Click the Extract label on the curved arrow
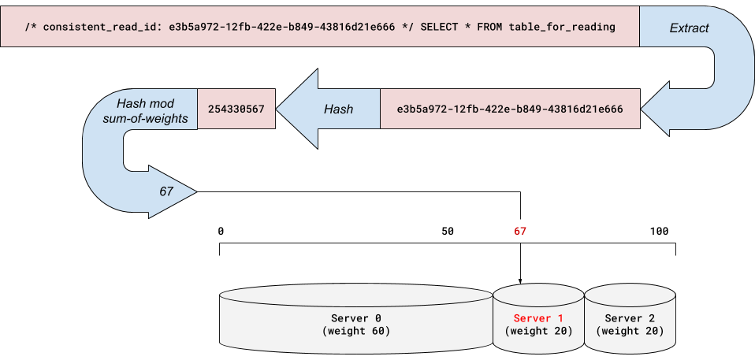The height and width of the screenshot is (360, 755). coord(689,28)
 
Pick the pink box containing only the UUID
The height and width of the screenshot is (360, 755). coord(510,109)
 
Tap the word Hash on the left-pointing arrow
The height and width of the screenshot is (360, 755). coord(339,109)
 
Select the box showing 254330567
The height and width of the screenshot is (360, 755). coord(236,109)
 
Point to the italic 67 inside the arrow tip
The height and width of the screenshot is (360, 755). coord(166,191)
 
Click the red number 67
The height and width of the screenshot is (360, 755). coord(520,232)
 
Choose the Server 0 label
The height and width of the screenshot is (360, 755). coord(356,318)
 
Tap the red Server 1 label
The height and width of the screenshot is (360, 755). coord(538,318)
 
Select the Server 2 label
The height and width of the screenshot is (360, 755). coord(630,318)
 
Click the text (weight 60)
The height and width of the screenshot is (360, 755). coord(356,331)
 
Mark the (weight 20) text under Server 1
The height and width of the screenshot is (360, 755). coord(538,331)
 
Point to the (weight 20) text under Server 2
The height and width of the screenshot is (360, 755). coord(630,331)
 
